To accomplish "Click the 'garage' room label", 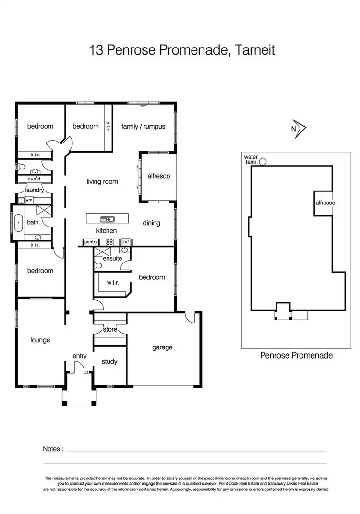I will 162,347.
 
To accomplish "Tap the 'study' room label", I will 109,362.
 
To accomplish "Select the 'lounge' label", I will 40,340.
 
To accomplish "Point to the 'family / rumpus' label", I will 143,126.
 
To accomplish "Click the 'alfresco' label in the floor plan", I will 158,176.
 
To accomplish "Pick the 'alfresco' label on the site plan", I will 325,203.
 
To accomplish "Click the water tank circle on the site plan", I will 263,162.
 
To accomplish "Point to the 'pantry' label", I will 91,242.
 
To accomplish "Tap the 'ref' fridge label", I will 126,242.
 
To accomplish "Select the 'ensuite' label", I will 112,259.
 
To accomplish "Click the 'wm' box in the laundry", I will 29,200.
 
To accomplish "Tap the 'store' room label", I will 110,330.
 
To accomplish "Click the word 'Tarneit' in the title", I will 255,50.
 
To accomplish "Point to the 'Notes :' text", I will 53,449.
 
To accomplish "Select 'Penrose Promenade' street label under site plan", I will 296,356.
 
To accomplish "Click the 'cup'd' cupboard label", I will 34,179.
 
